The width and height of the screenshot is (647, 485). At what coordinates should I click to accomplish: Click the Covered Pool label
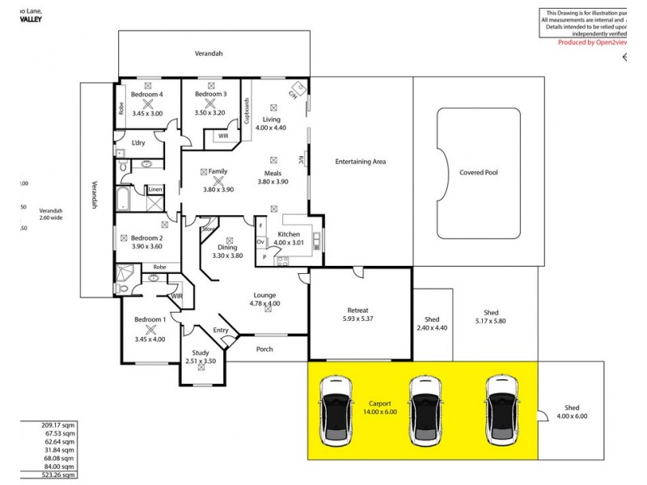pyautogui.click(x=478, y=172)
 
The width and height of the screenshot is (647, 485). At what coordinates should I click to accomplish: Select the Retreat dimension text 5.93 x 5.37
pyautogui.click(x=358, y=318)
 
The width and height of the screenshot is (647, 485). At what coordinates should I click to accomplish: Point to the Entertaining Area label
pyautogui.click(x=360, y=162)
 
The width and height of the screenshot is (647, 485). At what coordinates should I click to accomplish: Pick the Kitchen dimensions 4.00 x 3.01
pyautogui.click(x=289, y=242)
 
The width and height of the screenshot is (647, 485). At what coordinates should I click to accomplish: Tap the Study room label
pyautogui.click(x=200, y=352)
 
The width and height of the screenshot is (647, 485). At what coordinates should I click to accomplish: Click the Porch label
pyautogui.click(x=264, y=349)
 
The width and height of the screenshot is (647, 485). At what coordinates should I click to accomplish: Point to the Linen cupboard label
pyautogui.click(x=154, y=190)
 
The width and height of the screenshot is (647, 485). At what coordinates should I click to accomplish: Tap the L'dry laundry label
pyautogui.click(x=138, y=143)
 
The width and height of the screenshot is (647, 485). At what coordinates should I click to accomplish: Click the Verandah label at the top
pyautogui.click(x=208, y=53)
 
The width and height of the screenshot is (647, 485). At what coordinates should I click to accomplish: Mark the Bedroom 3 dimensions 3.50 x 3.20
pyautogui.click(x=209, y=112)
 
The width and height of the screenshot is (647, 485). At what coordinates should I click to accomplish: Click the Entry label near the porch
pyautogui.click(x=220, y=330)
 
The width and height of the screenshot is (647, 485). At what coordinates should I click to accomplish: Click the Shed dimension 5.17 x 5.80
pyautogui.click(x=491, y=323)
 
